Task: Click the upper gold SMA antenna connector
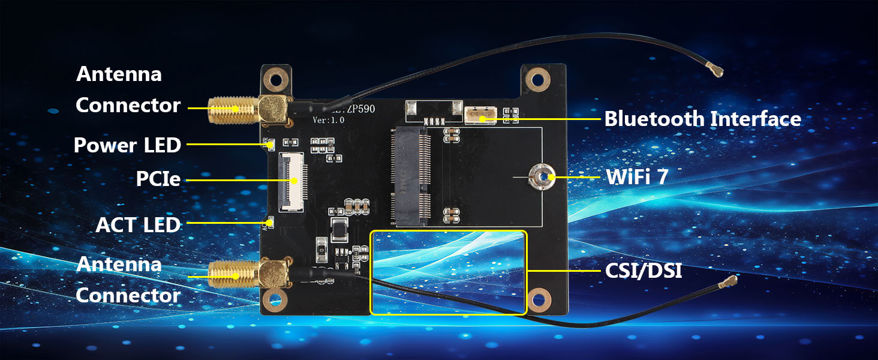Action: tap(249, 110)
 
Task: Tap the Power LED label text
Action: tap(127, 145)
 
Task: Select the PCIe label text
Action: tap(158, 179)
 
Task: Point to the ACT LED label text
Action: tap(138, 225)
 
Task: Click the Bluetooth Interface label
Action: tap(703, 119)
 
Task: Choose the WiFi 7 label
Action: tap(638, 177)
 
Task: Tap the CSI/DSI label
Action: tap(644, 271)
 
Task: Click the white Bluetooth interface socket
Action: tap(480, 115)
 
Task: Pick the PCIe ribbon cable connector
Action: tap(293, 182)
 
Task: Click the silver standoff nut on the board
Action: tap(542, 177)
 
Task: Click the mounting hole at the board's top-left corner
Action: tap(276, 79)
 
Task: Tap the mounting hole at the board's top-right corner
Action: tap(538, 80)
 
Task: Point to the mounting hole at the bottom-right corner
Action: tap(539, 300)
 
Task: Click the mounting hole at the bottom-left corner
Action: tap(275, 300)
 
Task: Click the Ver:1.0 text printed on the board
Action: tap(329, 120)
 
